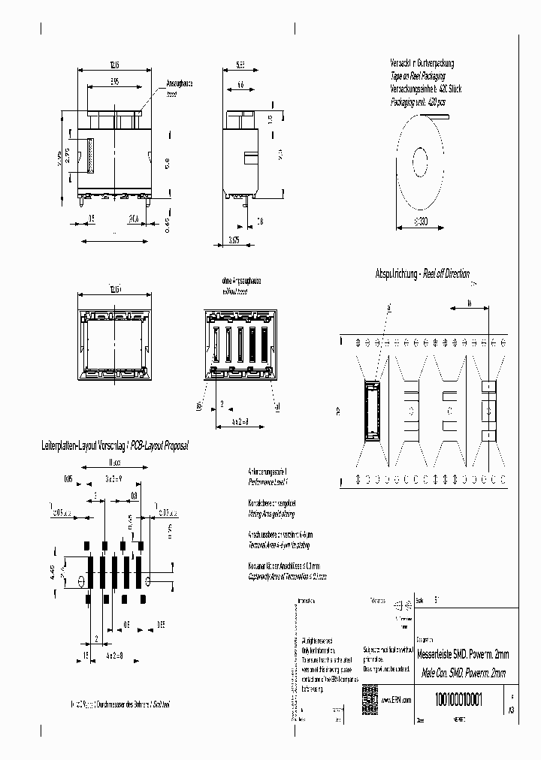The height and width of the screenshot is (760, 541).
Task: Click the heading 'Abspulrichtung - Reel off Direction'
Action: tap(422, 274)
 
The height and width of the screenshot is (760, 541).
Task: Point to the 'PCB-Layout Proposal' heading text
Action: tap(159, 445)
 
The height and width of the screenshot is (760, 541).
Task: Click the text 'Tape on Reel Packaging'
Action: tap(417, 77)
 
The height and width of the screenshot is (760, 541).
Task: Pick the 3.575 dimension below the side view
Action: tap(234, 241)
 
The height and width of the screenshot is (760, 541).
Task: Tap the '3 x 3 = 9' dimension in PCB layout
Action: tap(114, 478)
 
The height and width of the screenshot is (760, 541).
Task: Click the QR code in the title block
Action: tap(369, 695)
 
